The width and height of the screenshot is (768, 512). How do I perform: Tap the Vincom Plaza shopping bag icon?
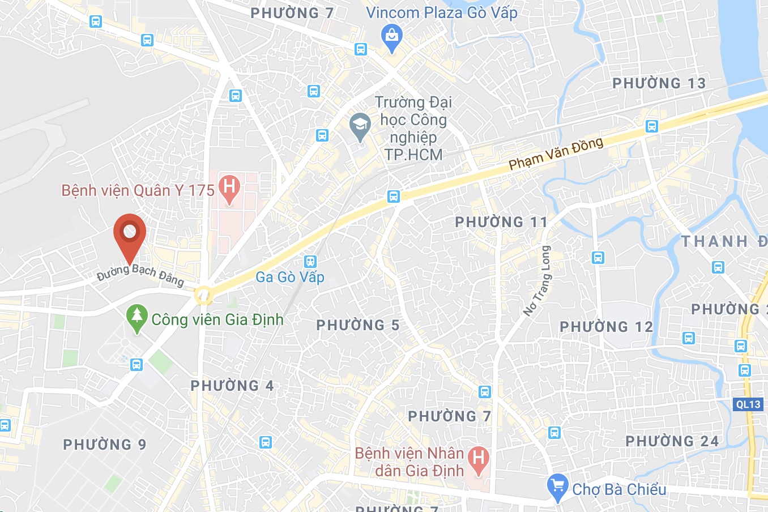(391, 37)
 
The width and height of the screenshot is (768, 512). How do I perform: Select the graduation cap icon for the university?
(360, 126)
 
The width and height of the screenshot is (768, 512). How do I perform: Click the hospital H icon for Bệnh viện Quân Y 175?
(229, 188)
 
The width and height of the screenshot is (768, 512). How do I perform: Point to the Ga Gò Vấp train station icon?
(310, 261)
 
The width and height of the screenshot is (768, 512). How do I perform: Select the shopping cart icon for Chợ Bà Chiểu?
(558, 487)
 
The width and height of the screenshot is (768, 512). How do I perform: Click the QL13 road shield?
(748, 404)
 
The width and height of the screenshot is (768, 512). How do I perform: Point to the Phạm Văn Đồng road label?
(556, 153)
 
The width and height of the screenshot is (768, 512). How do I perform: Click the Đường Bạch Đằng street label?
(140, 275)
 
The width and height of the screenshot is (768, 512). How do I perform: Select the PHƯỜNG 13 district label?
(659, 83)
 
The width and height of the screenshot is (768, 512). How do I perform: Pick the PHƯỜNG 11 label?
(501, 222)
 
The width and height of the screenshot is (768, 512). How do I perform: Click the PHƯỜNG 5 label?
(357, 325)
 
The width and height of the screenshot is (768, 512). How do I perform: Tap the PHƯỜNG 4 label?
(232, 386)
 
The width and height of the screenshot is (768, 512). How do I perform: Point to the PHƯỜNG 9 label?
(105, 445)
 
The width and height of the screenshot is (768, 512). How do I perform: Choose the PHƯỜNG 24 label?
(672, 441)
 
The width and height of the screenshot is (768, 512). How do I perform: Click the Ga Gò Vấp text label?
(290, 277)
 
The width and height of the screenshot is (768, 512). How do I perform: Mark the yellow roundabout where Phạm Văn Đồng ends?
(202, 295)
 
